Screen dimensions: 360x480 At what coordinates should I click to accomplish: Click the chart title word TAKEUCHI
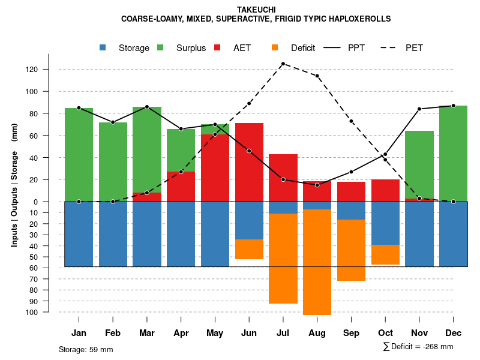click(256, 10)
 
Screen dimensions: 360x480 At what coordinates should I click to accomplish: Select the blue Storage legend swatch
click(103, 48)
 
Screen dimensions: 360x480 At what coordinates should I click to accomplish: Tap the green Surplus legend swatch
click(161, 48)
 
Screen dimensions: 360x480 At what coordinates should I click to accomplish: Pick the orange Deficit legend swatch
click(275, 48)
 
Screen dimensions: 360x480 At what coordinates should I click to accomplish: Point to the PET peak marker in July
click(283, 64)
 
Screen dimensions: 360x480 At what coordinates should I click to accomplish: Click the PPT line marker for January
click(79, 108)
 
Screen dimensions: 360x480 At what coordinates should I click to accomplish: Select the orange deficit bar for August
click(317, 262)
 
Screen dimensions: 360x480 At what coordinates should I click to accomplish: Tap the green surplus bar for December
click(453, 153)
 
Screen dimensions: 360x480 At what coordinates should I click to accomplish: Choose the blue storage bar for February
click(113, 234)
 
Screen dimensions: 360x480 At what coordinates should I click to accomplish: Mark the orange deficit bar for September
click(351, 250)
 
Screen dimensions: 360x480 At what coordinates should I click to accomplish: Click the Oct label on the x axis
click(385, 333)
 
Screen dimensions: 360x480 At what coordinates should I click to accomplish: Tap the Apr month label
click(181, 333)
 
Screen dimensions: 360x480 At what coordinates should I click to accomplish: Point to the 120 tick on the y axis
click(49, 70)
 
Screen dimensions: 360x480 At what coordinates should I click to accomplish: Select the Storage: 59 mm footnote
click(86, 349)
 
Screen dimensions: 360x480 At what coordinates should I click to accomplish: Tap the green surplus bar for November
click(419, 164)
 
